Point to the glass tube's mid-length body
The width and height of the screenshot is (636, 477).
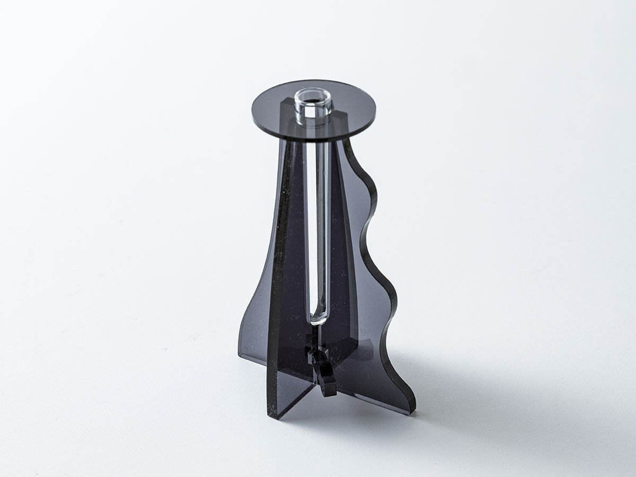click(x=318, y=223)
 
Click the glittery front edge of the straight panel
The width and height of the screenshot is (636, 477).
click(x=275, y=265)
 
